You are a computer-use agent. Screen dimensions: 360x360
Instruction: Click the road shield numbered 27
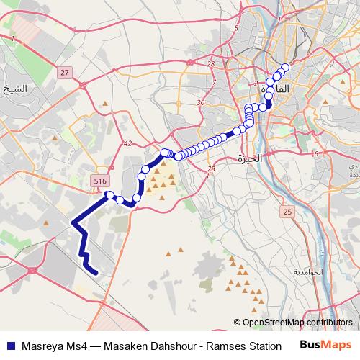click(66, 73)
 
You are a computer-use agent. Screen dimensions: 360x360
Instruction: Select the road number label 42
click(128, 144)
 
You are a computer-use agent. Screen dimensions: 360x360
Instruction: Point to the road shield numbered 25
click(288, 212)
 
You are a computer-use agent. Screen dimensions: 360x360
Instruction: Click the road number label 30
click(201, 103)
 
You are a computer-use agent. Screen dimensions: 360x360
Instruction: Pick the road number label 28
click(211, 64)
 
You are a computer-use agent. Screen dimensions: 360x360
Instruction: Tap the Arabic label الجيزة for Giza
click(251, 157)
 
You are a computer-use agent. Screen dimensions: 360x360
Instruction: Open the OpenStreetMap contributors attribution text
click(297, 323)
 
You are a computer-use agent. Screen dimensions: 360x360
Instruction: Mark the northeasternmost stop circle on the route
click(284, 68)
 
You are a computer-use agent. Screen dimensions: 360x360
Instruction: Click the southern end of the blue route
click(95, 271)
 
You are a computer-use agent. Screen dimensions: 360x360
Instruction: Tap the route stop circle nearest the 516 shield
click(110, 194)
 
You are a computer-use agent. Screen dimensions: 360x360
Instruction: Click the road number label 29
click(211, 168)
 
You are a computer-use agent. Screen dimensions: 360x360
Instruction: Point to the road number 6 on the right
click(315, 153)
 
